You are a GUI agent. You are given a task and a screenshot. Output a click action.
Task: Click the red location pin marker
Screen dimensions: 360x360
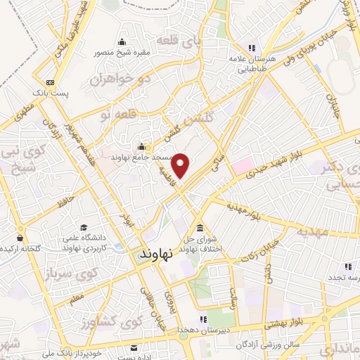182,165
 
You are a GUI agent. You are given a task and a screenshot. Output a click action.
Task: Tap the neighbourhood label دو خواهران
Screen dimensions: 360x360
120,79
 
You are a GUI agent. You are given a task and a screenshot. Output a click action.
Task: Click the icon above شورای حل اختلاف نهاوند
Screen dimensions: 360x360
201,229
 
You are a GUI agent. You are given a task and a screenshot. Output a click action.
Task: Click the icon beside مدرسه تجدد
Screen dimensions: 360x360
347,266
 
